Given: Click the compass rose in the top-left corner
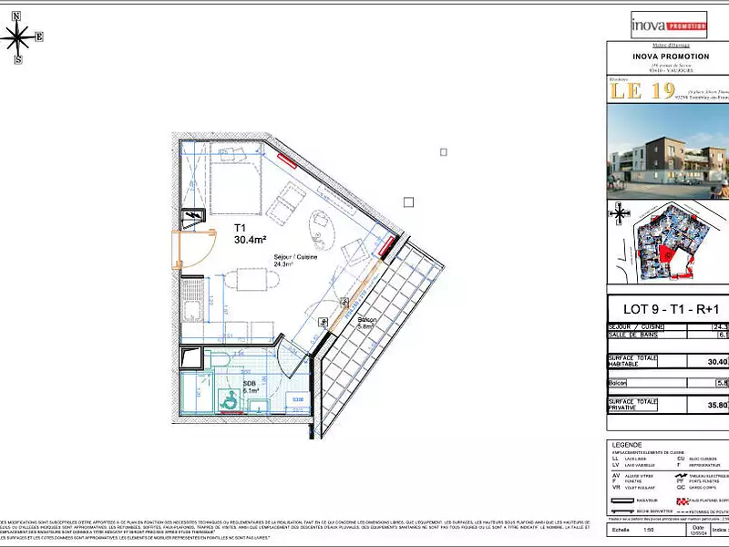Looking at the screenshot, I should point(18,37).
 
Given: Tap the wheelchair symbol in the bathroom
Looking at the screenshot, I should point(230,399).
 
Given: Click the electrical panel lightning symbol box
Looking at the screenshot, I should point(192,218).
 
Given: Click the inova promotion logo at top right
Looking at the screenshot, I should point(668,25).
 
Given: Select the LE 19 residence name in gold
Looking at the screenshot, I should point(650,90).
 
